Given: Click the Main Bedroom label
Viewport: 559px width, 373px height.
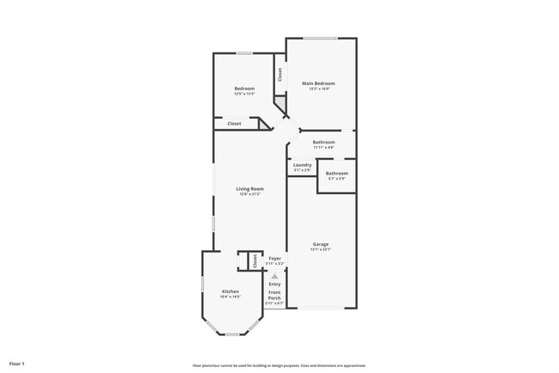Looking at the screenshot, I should point(319,83).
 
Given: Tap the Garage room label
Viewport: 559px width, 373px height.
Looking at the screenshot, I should point(320,244).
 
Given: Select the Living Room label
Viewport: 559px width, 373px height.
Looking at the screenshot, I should point(250,188).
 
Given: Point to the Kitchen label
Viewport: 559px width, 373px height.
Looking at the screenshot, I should point(230,291).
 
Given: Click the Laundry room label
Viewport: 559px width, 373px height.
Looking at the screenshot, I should point(302,164).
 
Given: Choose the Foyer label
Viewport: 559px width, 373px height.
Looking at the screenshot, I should point(274,258).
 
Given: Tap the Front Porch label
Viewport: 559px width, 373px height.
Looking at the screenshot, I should point(274,296).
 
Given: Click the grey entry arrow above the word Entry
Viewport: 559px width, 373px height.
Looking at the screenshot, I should point(274,276).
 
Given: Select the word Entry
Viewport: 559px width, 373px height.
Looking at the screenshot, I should point(274,284).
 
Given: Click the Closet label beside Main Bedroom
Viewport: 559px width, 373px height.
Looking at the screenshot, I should point(279,75).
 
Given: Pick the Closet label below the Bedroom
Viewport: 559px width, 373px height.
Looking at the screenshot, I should point(234,124).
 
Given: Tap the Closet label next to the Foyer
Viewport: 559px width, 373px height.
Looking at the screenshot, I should point(255,260).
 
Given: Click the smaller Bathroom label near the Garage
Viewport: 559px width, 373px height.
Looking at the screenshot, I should point(336,173).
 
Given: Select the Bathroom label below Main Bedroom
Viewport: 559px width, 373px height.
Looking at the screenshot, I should point(323,142).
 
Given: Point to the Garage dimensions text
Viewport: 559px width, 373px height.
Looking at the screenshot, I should point(320,249).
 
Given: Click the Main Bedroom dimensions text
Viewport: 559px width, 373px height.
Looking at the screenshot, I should point(319,89).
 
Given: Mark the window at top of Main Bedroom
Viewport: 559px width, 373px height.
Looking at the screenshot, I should point(320,38).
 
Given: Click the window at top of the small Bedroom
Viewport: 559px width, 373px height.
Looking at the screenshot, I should point(244,53).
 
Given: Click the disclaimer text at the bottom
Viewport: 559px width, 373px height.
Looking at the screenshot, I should point(279,364).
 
